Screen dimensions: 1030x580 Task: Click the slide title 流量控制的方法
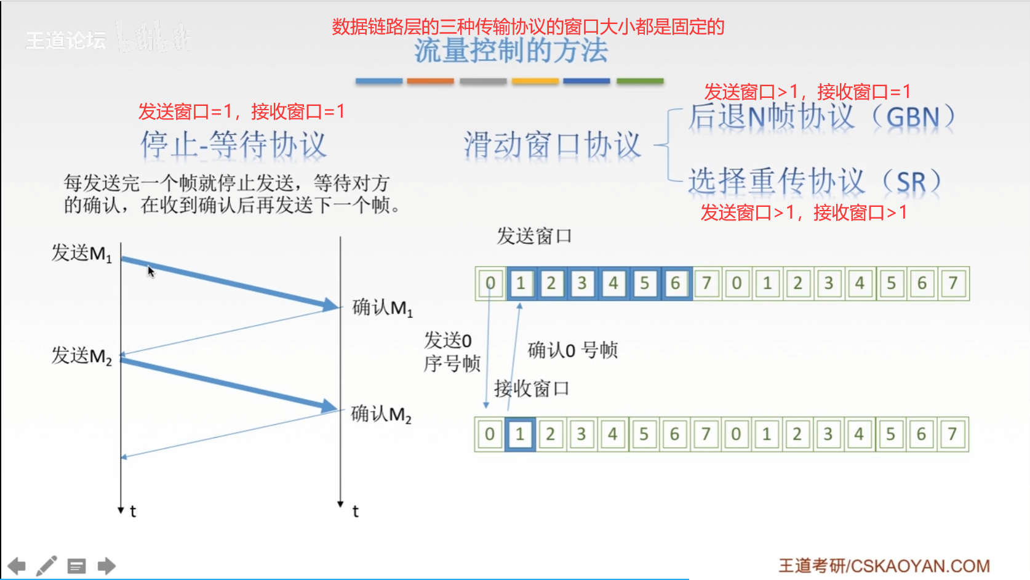tap(511, 51)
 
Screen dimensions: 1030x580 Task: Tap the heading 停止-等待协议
tap(233, 145)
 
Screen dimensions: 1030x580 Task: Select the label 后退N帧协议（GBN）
tap(821, 117)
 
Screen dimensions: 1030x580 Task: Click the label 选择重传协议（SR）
tap(814, 182)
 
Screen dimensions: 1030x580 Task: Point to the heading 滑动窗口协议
tap(552, 145)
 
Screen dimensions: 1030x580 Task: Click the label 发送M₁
tap(82, 253)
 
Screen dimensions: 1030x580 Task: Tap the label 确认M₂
tap(381, 414)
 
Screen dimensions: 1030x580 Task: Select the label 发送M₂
tap(82, 356)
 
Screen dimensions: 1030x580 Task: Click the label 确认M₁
tap(382, 307)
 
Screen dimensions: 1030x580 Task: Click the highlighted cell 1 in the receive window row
tap(520, 434)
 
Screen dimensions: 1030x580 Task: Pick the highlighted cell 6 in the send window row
tap(676, 283)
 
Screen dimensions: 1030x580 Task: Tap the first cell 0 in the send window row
tap(490, 283)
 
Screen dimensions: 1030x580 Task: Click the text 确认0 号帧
tap(572, 350)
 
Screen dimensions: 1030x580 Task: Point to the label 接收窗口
tap(532, 389)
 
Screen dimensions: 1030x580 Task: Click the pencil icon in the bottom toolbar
tap(47, 566)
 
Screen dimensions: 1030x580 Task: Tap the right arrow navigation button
tap(106, 566)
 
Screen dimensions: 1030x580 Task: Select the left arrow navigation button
tap(17, 566)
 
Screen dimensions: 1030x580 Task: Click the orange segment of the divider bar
tap(430, 81)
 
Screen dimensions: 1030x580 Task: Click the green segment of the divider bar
tap(640, 81)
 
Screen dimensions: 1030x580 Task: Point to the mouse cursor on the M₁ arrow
tap(151, 272)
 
